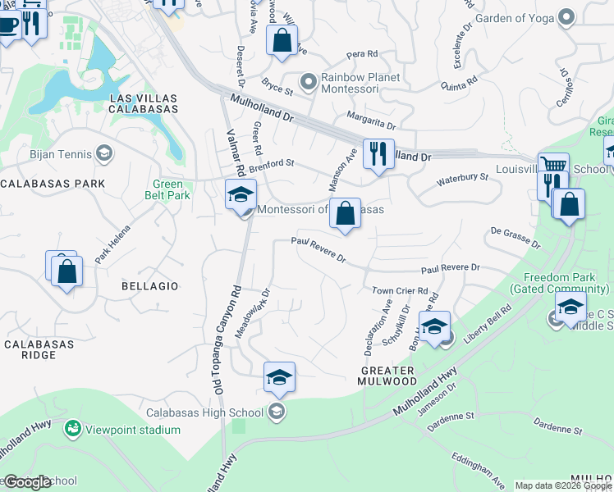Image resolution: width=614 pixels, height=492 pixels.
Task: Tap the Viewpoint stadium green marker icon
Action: click(x=73, y=429)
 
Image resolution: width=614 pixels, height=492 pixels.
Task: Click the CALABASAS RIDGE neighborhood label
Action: click(x=40, y=349)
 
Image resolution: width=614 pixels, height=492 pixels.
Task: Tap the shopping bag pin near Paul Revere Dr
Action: click(x=346, y=214)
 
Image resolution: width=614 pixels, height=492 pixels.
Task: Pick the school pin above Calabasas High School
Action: click(x=279, y=378)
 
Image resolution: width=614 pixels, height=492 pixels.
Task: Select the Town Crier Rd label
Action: click(x=401, y=290)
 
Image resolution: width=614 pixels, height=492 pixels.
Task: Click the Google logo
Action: click(x=27, y=482)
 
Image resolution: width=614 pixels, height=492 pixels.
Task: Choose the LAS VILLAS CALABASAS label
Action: click(x=144, y=103)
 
